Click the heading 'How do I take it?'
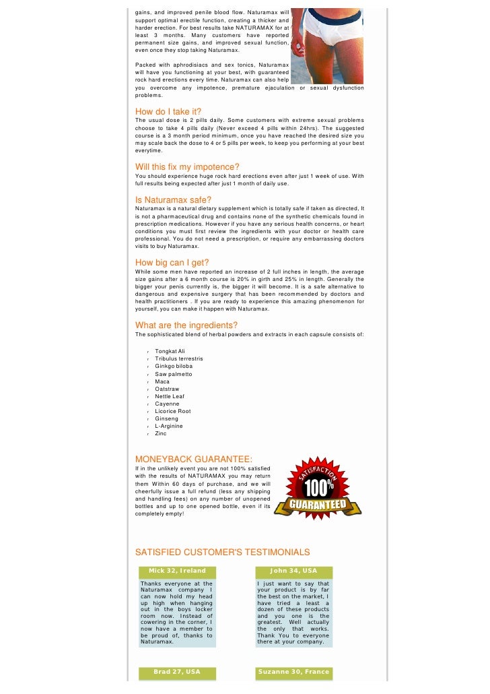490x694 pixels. [x=168, y=111]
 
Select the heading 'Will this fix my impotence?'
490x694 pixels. [x=187, y=166]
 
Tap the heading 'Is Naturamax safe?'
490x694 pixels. [x=173, y=199]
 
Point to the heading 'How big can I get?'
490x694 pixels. [x=172, y=262]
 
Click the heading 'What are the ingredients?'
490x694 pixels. [x=186, y=325]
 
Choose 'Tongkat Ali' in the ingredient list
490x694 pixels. [x=170, y=351]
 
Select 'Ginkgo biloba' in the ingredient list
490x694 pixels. [x=174, y=366]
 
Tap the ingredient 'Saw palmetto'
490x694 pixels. [x=173, y=373]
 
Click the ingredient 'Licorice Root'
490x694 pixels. [x=172, y=411]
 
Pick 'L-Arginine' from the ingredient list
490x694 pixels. [x=169, y=426]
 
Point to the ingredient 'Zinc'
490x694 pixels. [x=160, y=433]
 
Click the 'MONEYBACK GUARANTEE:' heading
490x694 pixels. [x=184, y=460]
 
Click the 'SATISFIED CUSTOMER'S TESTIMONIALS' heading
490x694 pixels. [x=223, y=552]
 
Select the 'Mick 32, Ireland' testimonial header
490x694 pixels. [x=177, y=571]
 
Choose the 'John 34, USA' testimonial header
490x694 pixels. [x=293, y=571]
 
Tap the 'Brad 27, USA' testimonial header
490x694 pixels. [x=177, y=672]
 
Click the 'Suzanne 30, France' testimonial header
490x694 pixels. [x=293, y=672]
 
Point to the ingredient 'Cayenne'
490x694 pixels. [x=167, y=404]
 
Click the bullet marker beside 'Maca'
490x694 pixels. [x=147, y=382]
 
